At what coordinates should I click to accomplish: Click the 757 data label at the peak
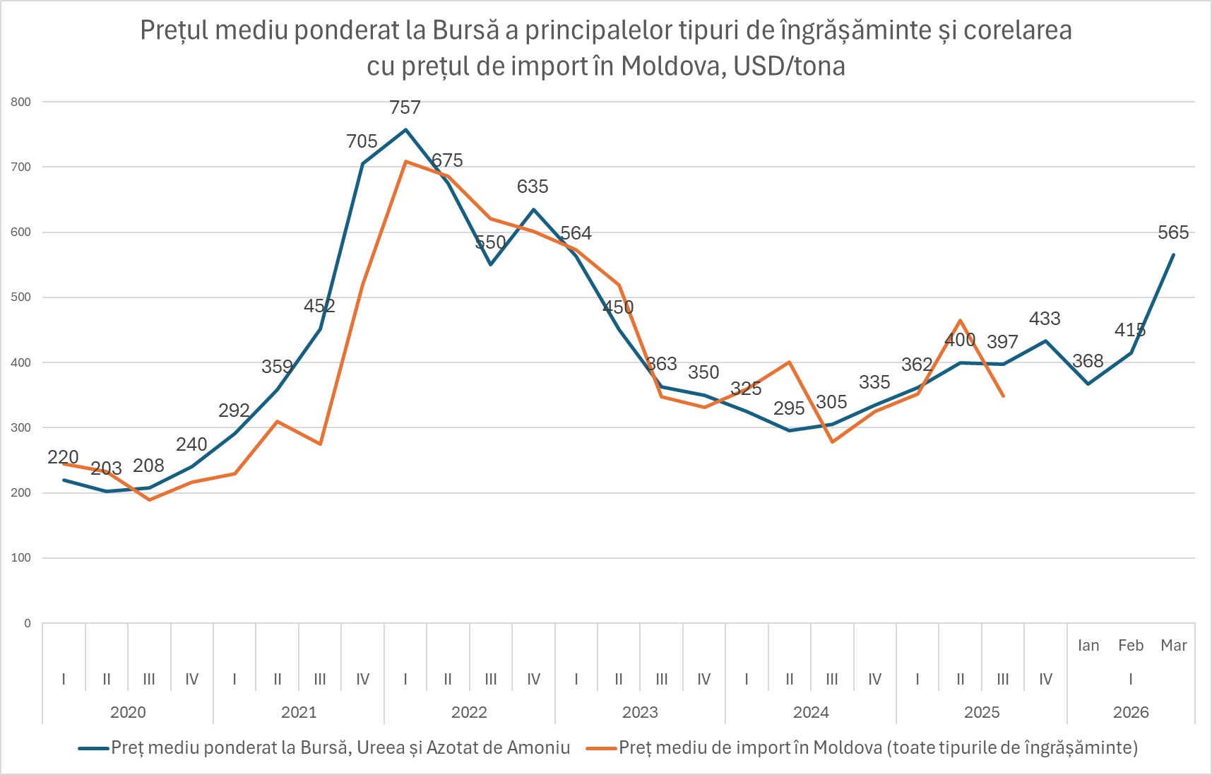coord(405,108)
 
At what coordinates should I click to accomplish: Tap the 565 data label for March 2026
coord(1173,233)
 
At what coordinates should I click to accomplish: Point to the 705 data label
coord(362,142)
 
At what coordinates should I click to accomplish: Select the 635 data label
coord(533,187)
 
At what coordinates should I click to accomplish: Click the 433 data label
coord(1045,319)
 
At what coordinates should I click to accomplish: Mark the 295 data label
coord(789,409)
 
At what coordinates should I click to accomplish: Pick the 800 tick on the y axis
coord(21,102)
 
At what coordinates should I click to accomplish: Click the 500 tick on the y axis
coord(21,297)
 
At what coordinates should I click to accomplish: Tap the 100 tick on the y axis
coord(21,558)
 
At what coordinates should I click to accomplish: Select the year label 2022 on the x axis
coord(469,712)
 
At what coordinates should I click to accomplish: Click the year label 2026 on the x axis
coord(1131,712)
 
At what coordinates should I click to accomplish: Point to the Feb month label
coord(1131,646)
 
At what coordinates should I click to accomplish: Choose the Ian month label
coord(1088,646)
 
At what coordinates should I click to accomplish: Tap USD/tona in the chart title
coord(789,66)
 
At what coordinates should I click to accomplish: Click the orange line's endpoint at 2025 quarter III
coord(1003,396)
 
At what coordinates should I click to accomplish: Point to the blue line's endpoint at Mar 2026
coord(1173,255)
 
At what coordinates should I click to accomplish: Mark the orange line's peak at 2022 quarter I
coord(405,162)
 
